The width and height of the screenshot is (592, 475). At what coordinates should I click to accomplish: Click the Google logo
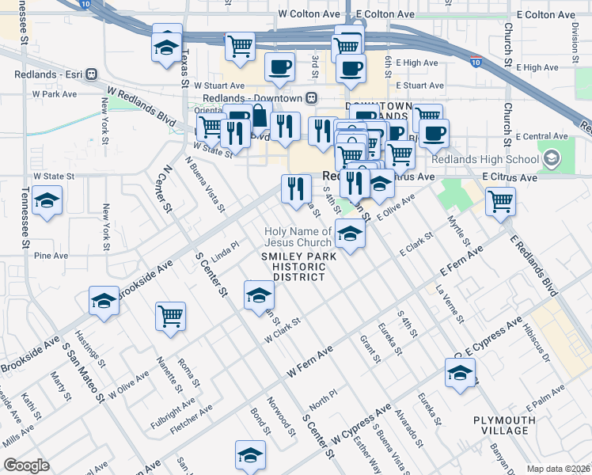(x=26, y=465)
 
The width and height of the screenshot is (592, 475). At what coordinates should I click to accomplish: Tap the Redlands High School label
(x=499, y=159)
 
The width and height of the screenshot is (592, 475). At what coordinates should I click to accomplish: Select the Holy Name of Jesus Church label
(x=298, y=237)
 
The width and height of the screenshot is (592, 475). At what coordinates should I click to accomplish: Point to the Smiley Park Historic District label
(x=299, y=266)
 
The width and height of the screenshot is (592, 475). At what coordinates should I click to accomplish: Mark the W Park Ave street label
(x=54, y=93)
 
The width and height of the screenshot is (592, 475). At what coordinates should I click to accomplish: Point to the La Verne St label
(x=450, y=306)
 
